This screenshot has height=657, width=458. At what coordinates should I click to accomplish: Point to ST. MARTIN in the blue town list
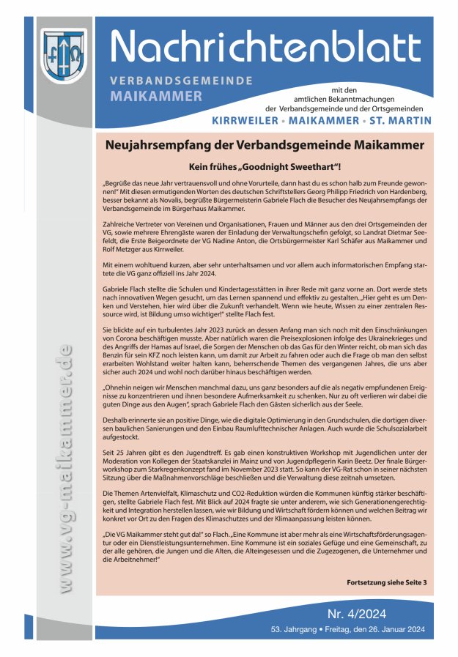[400, 120]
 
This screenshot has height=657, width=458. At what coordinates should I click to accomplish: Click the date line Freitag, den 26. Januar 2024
[364, 630]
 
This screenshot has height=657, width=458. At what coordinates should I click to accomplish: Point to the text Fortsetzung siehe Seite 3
[385, 582]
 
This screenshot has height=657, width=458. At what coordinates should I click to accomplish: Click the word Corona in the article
[115, 350]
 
